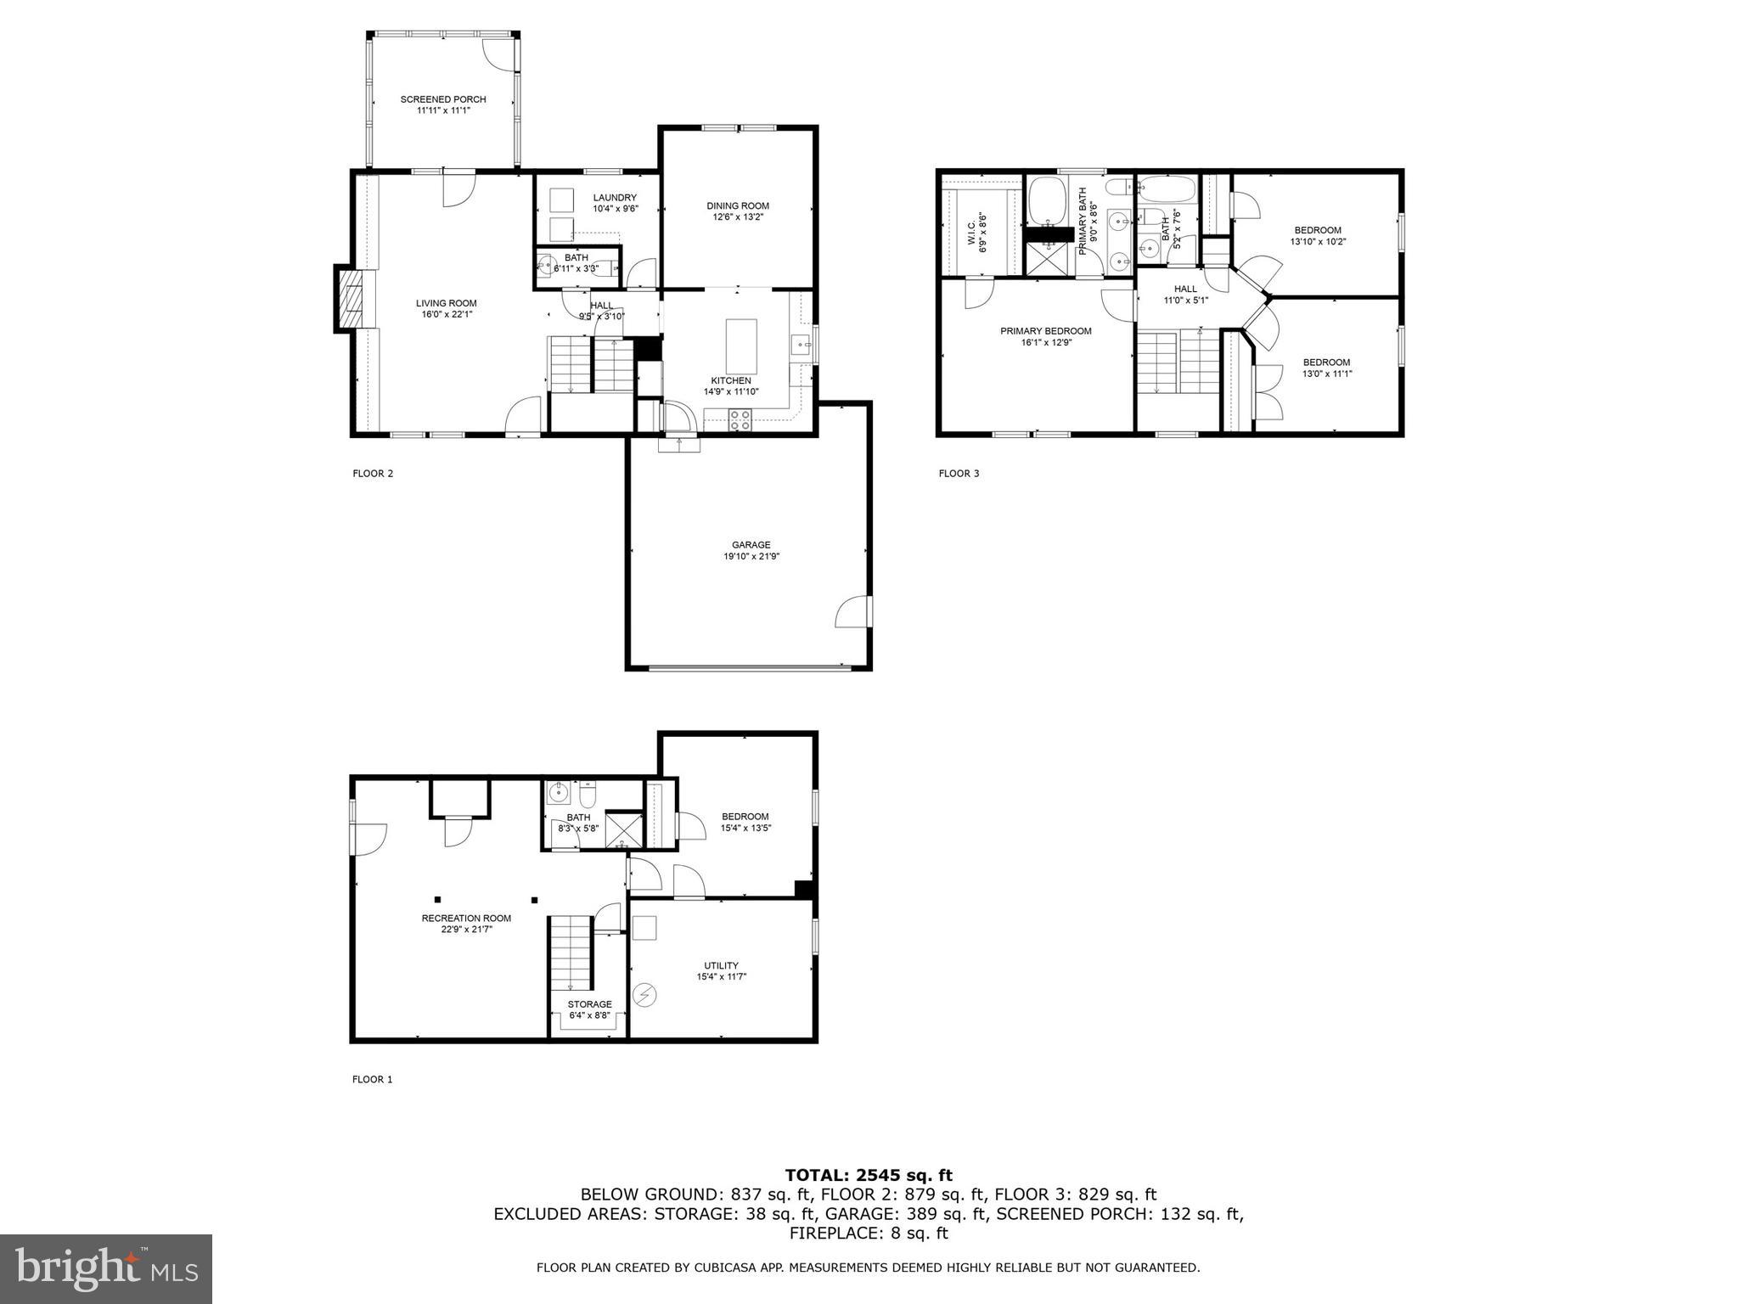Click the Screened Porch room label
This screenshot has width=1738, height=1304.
[x=443, y=99]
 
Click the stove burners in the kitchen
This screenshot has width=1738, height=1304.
[x=740, y=418]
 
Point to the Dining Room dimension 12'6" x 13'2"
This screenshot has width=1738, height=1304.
[x=738, y=216]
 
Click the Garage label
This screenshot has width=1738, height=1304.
[x=751, y=545]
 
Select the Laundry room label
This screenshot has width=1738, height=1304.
[x=615, y=198]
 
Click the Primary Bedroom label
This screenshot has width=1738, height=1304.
[x=1045, y=331]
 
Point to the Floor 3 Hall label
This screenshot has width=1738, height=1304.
[x=1185, y=289]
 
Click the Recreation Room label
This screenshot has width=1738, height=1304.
[x=466, y=918]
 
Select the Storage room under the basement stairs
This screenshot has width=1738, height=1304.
[x=589, y=1009]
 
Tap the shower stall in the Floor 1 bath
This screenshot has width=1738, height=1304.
[x=624, y=830]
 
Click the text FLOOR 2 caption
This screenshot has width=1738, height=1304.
[x=373, y=474]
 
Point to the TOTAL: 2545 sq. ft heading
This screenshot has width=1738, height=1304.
[x=869, y=1176]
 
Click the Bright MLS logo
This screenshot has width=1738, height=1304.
[x=106, y=1269]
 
